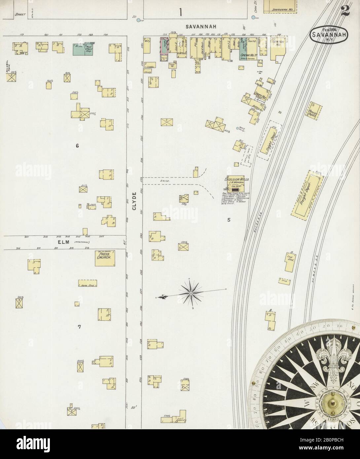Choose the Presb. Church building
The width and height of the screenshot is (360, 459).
pos(105,258)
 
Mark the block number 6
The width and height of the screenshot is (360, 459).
pos(77,146)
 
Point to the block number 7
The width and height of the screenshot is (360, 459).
pos(79,327)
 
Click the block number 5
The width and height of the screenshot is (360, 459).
pos(229,220)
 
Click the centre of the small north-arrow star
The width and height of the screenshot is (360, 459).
pos(191,293)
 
